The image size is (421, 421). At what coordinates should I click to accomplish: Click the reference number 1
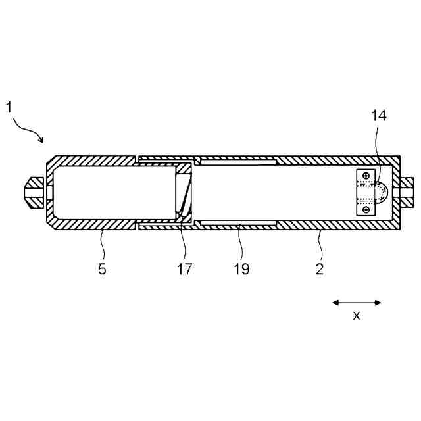[x=10, y=107]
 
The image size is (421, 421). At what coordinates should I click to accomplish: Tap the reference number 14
[x=378, y=116]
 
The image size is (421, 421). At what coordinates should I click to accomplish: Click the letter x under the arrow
[x=357, y=315]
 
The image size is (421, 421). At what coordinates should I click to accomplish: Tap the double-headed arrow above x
[x=357, y=303]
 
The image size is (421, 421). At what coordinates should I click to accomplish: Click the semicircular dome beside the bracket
[x=381, y=193]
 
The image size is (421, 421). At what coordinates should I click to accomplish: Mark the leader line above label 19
[x=241, y=245]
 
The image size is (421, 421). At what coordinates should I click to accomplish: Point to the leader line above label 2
[x=319, y=245]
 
